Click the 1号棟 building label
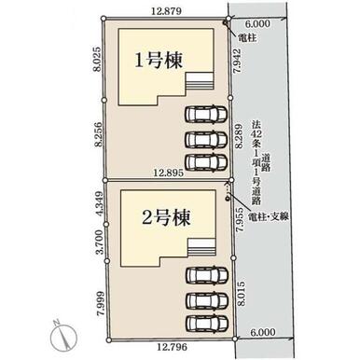[x=159, y=61]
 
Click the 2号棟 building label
[x=166, y=217]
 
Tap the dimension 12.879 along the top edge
[x=166, y=11]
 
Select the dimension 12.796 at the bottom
[x=173, y=347]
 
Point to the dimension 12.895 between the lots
[x=169, y=173]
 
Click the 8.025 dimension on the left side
[x=98, y=59]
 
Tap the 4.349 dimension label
[x=100, y=203]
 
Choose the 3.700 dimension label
[x=99, y=242]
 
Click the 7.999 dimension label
[x=101, y=304]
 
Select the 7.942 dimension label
[x=238, y=61]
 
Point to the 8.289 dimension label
[x=239, y=137]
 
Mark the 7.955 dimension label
[x=239, y=220]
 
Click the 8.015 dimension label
[x=242, y=294]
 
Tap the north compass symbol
[x=63, y=336]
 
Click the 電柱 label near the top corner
[x=247, y=37]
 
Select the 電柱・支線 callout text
[x=268, y=217]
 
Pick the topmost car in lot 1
[x=206, y=114]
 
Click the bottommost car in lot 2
[x=207, y=324]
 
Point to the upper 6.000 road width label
[x=257, y=23]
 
